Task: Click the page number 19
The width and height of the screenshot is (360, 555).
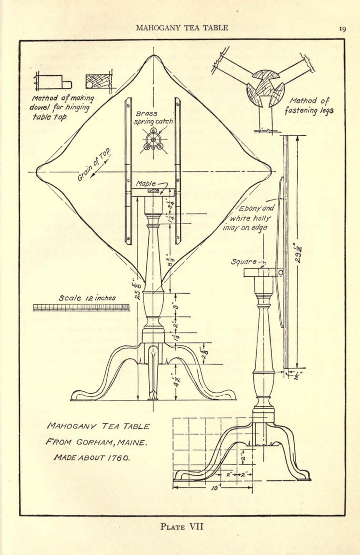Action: pyautogui.click(x=342, y=29)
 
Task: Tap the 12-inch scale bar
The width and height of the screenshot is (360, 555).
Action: pyautogui.click(x=81, y=308)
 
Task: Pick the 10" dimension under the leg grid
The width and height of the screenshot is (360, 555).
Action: pyautogui.click(x=214, y=488)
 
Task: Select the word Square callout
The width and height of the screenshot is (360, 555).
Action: pyautogui.click(x=244, y=262)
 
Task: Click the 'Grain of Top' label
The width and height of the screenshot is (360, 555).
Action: pyautogui.click(x=94, y=165)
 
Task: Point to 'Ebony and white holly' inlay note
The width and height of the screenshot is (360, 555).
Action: pyautogui.click(x=248, y=218)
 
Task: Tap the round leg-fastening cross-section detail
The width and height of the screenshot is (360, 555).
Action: pyautogui.click(x=266, y=88)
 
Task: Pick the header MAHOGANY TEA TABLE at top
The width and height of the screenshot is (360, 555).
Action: pyautogui.click(x=182, y=28)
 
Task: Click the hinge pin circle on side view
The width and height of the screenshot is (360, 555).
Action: pyautogui.click(x=281, y=273)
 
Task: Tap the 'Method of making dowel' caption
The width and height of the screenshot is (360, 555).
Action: pyautogui.click(x=63, y=107)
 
